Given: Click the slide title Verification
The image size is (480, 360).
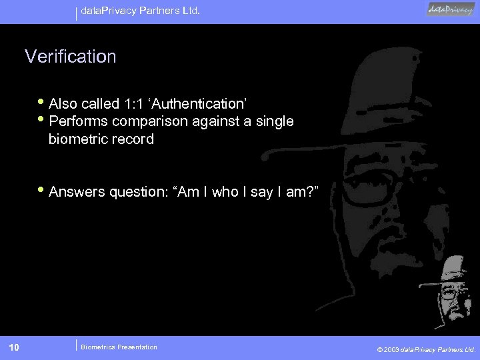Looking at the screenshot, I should (71, 57).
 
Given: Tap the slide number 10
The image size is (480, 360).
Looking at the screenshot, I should (15, 347).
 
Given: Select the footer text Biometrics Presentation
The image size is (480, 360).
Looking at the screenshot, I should (119, 347).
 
